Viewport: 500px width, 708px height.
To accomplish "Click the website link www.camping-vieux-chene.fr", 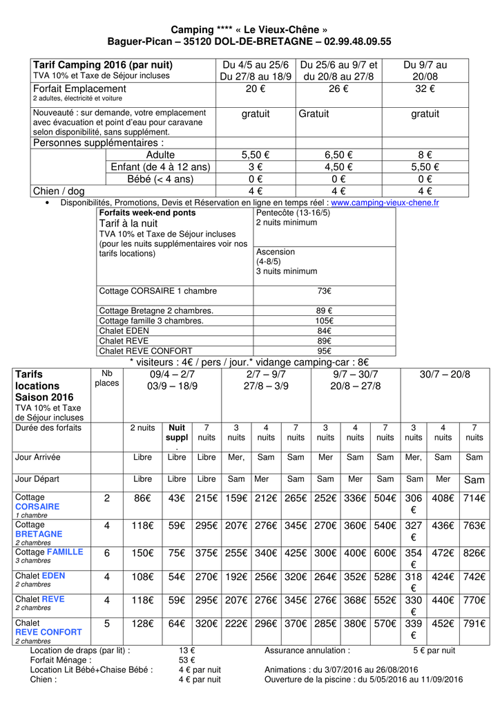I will (385, 203).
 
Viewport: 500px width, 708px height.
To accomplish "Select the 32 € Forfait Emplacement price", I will (425, 89).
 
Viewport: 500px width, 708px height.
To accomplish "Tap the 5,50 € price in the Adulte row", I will (255, 155).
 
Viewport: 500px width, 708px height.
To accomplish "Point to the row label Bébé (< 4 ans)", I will (160, 179).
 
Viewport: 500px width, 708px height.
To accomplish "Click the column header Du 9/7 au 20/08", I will (425, 71).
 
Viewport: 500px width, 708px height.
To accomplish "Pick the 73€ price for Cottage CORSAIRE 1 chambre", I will (324, 291).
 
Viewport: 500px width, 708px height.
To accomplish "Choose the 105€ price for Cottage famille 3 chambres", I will (324, 321).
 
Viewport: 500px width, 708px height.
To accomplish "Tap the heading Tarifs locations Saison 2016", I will (44, 386).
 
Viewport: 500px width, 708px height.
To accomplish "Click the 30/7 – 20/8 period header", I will (444, 374).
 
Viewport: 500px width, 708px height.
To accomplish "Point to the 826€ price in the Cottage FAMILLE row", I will (474, 553).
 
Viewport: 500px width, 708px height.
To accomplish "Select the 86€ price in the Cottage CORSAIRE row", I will (142, 499).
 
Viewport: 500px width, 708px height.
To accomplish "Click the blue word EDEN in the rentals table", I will (54, 575).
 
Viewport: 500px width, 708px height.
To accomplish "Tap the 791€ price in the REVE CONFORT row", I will (474, 624).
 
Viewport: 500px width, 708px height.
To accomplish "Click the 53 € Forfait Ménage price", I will (186, 660).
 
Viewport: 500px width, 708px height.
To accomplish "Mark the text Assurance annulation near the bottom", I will (306, 650).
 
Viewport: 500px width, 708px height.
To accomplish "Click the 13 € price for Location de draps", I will (186, 650).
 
